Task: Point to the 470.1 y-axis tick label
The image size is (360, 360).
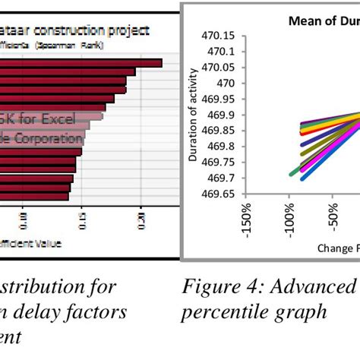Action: click(x=220, y=51)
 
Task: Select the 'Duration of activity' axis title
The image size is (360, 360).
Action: click(x=193, y=115)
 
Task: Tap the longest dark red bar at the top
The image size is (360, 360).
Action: click(x=80, y=63)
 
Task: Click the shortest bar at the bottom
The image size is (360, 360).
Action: click(x=34, y=196)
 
